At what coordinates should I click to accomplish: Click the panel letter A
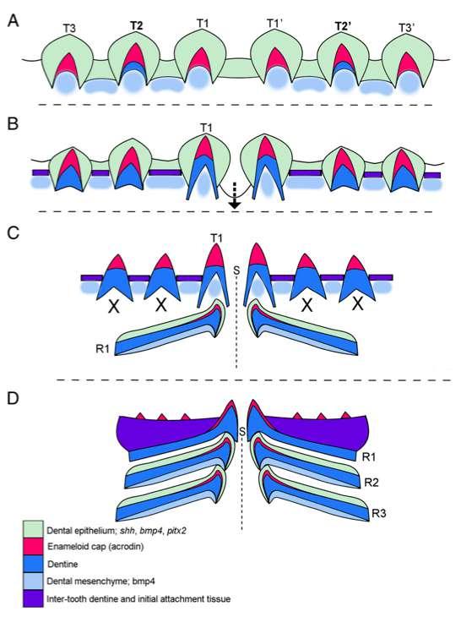point(14,20)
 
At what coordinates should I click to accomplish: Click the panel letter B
point(13,123)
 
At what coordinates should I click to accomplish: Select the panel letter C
point(14,232)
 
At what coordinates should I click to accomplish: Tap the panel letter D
point(14,398)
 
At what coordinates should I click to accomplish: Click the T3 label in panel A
point(69,28)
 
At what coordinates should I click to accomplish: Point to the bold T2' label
point(343,26)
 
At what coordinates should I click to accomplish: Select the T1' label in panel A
point(275,23)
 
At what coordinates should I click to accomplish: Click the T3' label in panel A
point(407,28)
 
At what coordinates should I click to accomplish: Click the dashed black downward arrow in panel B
point(235,195)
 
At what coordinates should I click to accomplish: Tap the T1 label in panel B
point(206,128)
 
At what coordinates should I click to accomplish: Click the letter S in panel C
point(236,270)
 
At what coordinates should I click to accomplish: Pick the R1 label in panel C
point(102,349)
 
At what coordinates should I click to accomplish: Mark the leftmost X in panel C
point(115,307)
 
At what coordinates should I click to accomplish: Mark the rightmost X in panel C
point(358,305)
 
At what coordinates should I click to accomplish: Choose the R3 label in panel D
point(379,513)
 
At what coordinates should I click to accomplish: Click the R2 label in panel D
point(372,483)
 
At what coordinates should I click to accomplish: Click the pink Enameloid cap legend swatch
point(33,547)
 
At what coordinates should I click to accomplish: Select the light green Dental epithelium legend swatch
point(33,529)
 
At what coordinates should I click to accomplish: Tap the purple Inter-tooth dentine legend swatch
point(33,598)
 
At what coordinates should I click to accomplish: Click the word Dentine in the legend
point(62,564)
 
